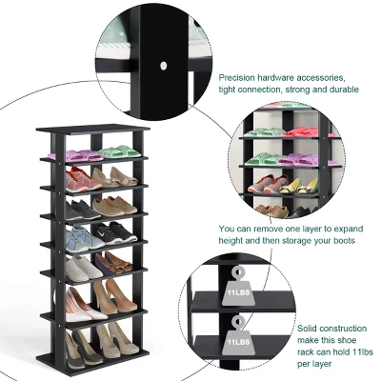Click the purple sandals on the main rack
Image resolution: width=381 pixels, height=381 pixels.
(x=83, y=155)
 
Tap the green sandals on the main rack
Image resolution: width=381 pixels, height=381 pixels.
(x=119, y=150)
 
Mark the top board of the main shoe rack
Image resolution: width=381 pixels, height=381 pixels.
(x=95, y=129)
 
